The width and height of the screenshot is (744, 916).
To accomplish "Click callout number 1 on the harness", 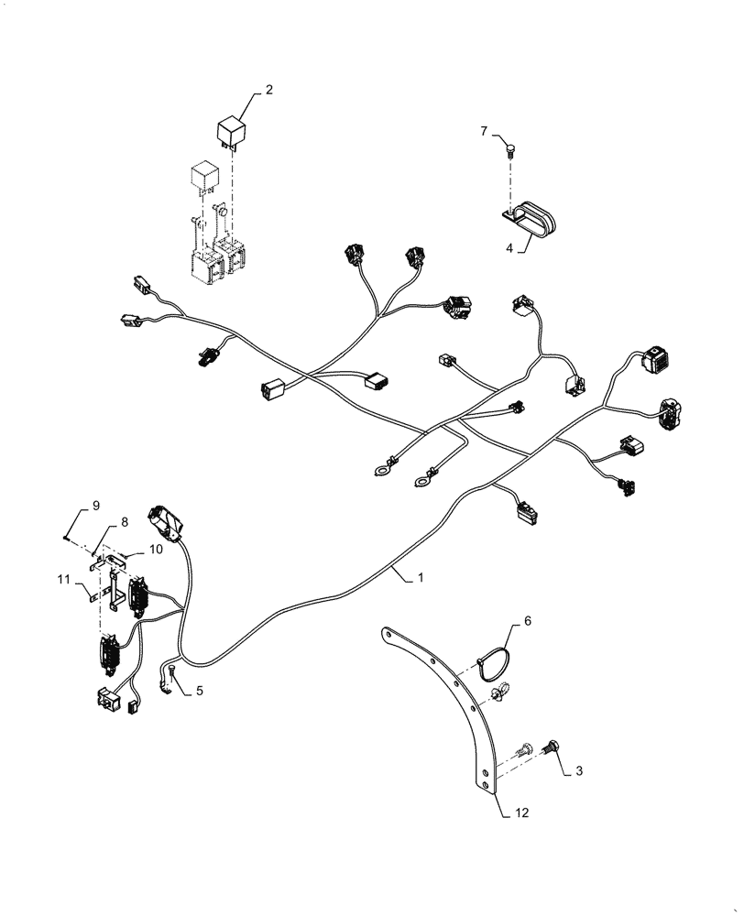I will (x=421, y=579).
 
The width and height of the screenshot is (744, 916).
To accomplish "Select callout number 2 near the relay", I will (x=269, y=90).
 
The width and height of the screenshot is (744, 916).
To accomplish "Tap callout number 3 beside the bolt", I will (x=579, y=773).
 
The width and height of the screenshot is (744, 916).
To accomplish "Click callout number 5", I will (x=199, y=692).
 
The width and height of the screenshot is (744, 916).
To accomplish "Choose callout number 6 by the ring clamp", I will (x=526, y=622).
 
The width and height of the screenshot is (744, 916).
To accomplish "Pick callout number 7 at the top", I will (x=484, y=132).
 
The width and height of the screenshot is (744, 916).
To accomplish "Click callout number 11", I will (x=63, y=580).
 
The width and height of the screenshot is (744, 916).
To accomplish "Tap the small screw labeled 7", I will (x=511, y=147).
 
